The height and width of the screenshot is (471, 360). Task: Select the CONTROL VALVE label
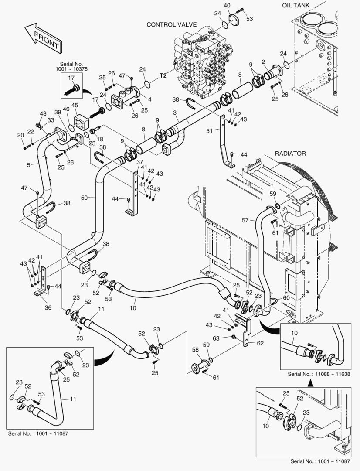pos(172,25)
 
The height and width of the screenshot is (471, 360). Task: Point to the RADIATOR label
pos(290,154)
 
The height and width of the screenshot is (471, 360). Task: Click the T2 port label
pos(163,75)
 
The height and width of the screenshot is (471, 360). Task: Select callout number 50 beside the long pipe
pos(85,198)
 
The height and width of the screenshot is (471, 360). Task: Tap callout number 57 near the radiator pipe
pos(245,221)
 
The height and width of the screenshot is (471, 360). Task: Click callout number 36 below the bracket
pos(48,307)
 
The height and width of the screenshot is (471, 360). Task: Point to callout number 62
pos(260,343)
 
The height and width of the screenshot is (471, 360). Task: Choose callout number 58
pos(195,350)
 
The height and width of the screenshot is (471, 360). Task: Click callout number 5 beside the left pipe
pos(28,165)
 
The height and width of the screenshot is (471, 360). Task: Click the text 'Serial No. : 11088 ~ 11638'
pos(318,374)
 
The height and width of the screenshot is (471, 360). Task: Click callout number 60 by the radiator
pos(286,297)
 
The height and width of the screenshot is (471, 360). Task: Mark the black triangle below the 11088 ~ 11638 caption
pos(311,382)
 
